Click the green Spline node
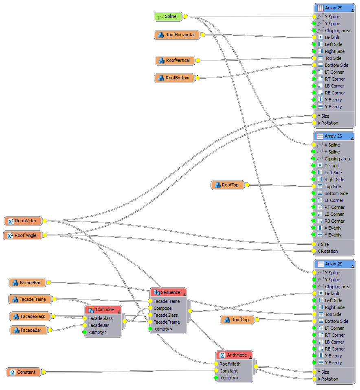[168, 17]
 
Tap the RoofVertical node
[175, 61]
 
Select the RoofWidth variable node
[23, 221]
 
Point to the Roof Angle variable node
[23, 235]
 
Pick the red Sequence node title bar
[168, 293]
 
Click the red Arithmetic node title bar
[234, 355]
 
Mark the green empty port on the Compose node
[85, 332]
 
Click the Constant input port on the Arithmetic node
[216, 371]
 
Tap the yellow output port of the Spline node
[185, 17]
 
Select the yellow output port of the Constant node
[44, 372]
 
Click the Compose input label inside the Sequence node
[162, 308]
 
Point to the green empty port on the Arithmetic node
[216, 378]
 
